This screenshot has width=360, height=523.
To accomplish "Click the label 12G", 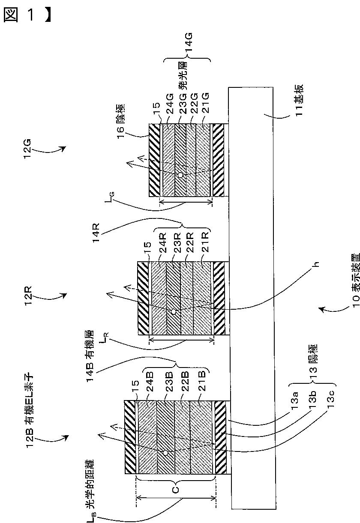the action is point(27,149).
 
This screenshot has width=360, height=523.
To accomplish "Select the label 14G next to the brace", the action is point(189,43).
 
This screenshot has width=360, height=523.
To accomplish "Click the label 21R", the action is point(205,242).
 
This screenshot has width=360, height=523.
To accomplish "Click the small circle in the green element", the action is point(180,175).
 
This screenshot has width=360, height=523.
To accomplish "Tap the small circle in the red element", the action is point(173,311).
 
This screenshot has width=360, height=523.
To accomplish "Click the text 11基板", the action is point(299,100).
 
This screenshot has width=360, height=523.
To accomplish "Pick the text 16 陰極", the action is point(121,121).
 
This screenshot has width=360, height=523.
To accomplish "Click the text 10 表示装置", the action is point(356,280).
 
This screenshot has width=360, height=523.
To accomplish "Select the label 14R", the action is point(96,233).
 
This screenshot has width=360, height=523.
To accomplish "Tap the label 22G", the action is point(194,104).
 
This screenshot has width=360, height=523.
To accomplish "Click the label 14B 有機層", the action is point(90,356).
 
